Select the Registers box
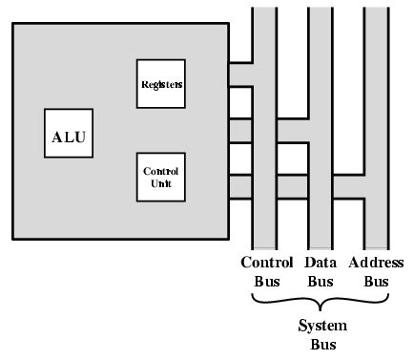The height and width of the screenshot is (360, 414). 160,83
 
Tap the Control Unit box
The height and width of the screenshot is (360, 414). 160,177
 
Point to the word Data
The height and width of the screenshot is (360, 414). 320,263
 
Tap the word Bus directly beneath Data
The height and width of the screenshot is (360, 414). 320,282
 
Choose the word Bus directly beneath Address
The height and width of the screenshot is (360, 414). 378,282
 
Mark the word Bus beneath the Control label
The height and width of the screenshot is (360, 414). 267,282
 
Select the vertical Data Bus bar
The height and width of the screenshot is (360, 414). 320,191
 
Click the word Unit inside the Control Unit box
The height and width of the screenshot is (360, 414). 160,183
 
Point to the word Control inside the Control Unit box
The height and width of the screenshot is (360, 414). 160,171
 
